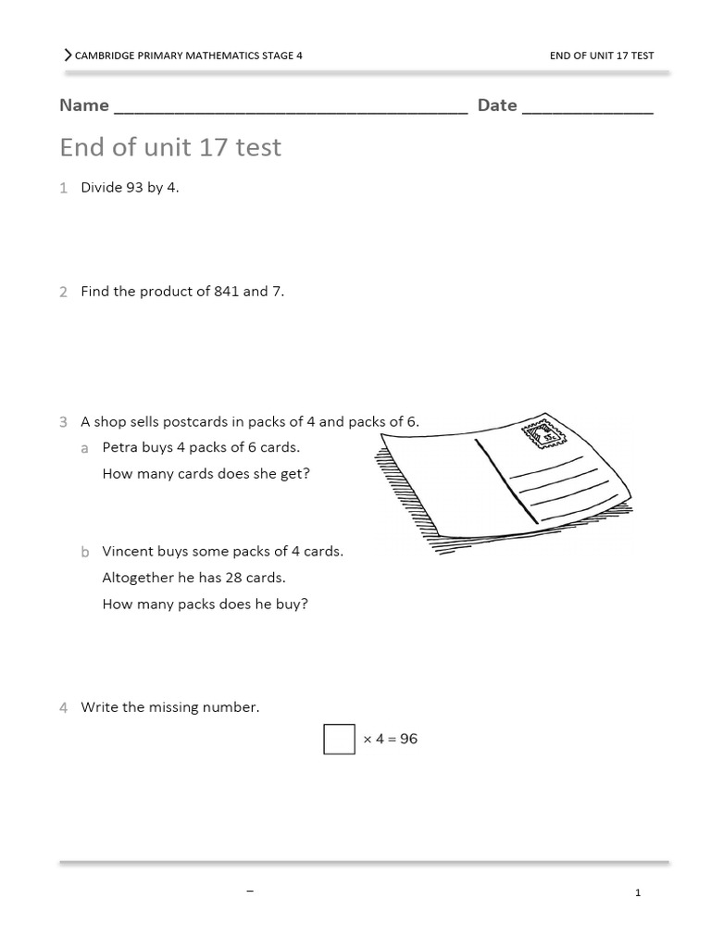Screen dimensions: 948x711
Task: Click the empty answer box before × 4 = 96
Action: coord(339,739)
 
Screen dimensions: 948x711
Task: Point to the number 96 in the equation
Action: coord(408,739)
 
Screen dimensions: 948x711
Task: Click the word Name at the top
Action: coord(84,106)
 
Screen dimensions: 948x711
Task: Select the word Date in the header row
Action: coord(497,106)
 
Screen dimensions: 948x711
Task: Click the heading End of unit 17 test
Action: coord(170,147)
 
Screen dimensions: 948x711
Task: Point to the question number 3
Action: coord(63,422)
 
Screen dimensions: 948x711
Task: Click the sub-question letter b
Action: coord(84,552)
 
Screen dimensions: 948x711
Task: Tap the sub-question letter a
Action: coord(84,448)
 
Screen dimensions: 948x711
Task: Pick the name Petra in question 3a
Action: coord(120,448)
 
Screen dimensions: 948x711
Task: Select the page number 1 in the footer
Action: coord(638,892)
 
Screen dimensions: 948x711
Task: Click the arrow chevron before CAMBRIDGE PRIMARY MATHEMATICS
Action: coord(67,56)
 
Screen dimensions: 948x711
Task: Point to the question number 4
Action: coord(63,708)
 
